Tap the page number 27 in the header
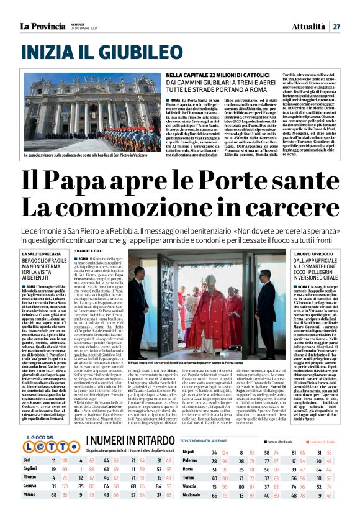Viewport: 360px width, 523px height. click(x=336, y=26)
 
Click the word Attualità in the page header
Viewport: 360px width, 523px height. click(x=308, y=26)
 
